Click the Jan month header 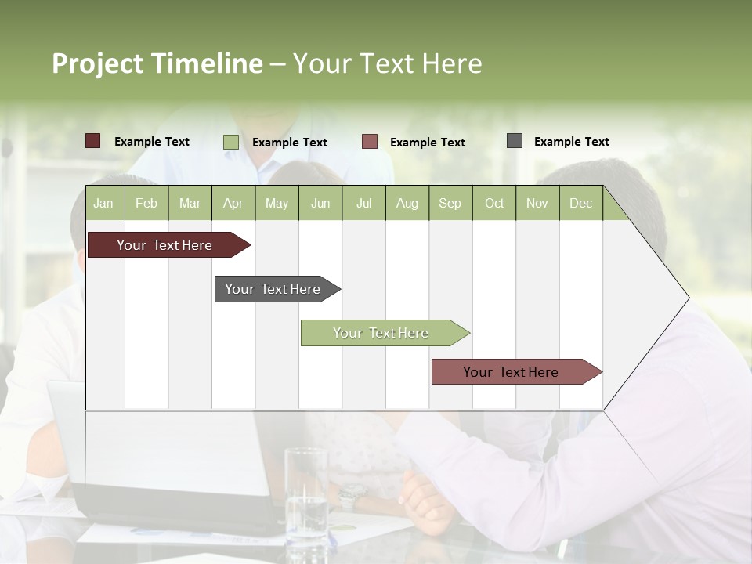coord(103,204)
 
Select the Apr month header coord(233,204)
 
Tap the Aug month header coord(407,204)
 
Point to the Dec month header coord(580,204)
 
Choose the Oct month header coord(494,204)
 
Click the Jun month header coord(320,204)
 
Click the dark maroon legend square coord(93,141)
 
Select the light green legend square coord(231,142)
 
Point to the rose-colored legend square coord(370,142)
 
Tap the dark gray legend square coord(515,141)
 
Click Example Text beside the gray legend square coord(571,142)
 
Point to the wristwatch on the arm coord(352,495)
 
